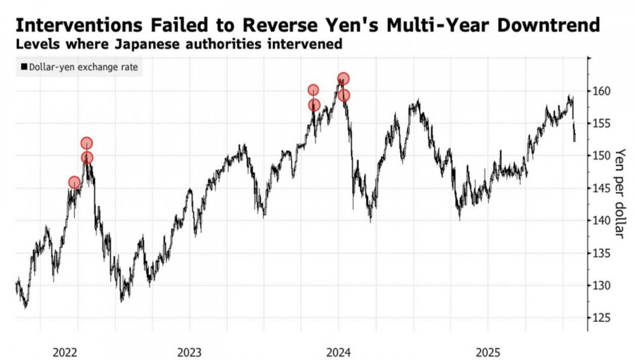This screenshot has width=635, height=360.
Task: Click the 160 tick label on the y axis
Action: [x=601, y=91]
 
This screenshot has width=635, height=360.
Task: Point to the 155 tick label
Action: [x=601, y=124]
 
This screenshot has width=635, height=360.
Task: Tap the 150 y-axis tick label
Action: [x=601, y=155]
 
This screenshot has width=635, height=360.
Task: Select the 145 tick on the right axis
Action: [x=601, y=188]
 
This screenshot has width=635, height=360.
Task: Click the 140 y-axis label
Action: [x=601, y=220]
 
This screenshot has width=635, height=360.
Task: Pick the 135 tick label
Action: [x=601, y=253]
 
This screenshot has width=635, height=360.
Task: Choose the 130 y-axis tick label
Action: [x=601, y=285]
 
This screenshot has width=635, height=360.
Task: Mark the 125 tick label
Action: [x=601, y=318]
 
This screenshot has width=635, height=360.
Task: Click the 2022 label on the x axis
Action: [x=65, y=351]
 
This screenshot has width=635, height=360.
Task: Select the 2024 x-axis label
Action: [x=339, y=351]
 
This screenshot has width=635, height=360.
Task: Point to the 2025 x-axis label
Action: [x=488, y=351]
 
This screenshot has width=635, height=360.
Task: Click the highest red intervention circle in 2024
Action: [x=343, y=79]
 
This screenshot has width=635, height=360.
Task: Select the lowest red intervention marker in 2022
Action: [x=75, y=183]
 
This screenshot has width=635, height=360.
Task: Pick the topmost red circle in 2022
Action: [x=87, y=143]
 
